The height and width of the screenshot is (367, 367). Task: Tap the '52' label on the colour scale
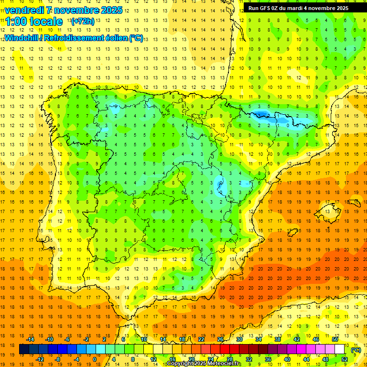[345, 359]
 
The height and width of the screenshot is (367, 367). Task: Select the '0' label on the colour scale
[95, 359]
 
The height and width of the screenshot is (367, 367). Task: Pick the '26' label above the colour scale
[220, 339]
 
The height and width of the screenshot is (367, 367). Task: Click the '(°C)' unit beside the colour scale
[356, 350]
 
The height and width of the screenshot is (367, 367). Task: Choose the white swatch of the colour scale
[339, 350]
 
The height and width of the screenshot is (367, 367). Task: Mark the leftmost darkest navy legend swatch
[24, 350]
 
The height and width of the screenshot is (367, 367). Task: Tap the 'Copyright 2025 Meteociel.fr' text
[204, 364]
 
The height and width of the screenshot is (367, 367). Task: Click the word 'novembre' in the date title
[78, 10]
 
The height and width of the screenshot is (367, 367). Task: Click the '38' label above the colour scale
[278, 339]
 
